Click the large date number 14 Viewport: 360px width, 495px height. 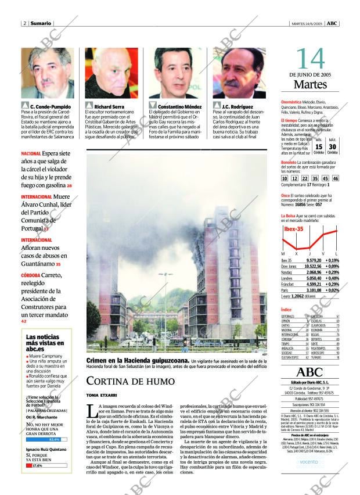click(311, 59)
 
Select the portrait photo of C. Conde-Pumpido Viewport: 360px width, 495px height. click(47, 73)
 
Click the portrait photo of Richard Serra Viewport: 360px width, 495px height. click(111, 73)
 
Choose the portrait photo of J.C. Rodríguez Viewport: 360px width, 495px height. click(239, 73)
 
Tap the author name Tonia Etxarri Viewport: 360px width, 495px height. click(98, 395)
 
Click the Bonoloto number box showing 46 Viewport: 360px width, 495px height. click(336, 178)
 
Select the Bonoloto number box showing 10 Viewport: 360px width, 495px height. click(285, 178)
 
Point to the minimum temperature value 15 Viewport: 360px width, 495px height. click(319, 147)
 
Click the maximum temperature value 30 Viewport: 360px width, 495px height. click(333, 147)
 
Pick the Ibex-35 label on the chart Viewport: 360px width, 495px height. click(293, 229)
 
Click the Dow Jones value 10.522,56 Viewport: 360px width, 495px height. click(313, 266)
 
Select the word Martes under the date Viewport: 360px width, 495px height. click(311, 85)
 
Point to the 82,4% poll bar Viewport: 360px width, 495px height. click(46, 439)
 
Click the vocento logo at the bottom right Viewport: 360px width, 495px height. click(309, 462)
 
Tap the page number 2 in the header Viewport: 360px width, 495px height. click(24, 23)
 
